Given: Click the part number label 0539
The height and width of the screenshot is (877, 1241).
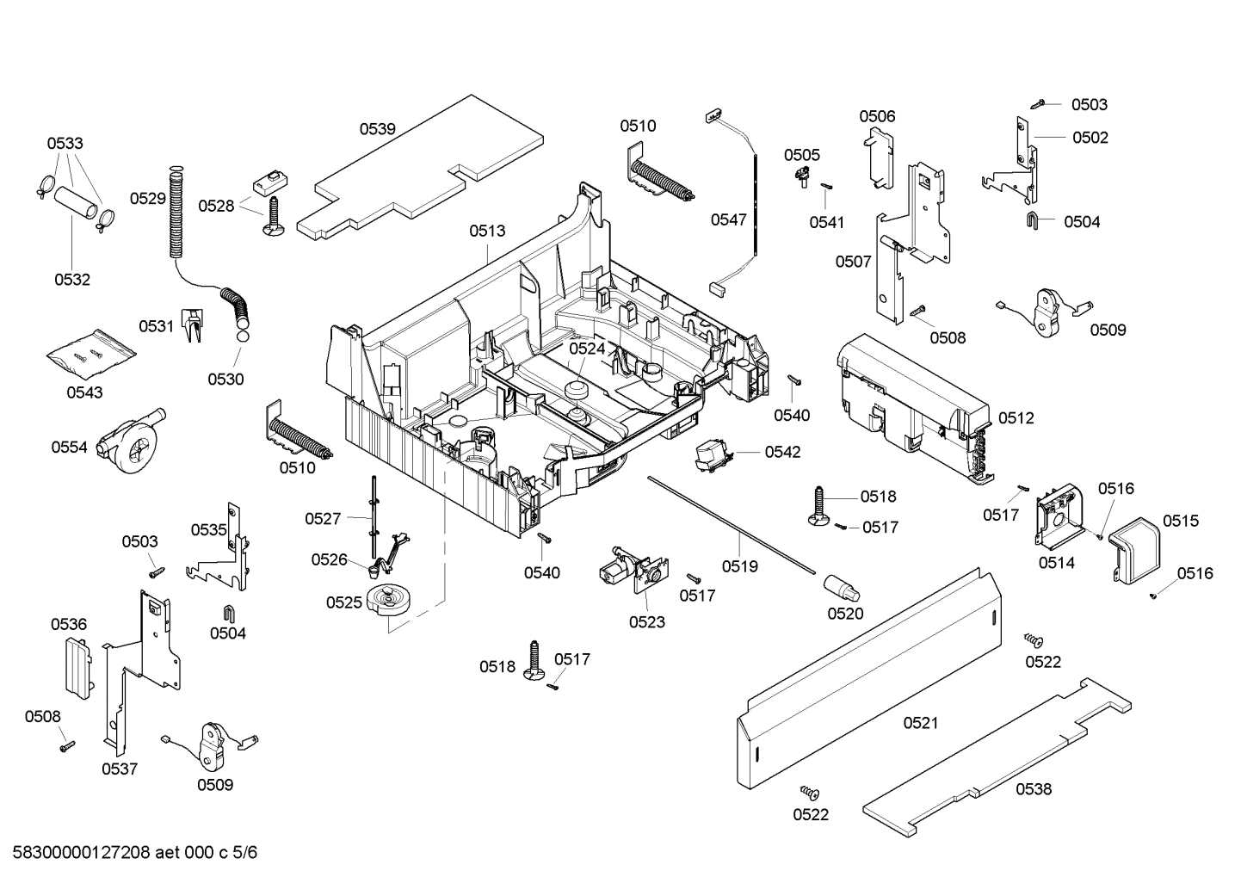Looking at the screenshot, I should (x=377, y=129).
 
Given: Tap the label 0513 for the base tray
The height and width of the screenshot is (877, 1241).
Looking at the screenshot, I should (x=487, y=231).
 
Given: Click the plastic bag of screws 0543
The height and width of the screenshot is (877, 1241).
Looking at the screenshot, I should (x=90, y=354).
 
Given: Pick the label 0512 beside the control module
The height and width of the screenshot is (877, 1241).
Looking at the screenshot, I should (x=1016, y=418).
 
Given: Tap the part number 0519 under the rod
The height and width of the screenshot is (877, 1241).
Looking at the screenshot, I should (x=739, y=566).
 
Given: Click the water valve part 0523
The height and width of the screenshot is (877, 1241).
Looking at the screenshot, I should (x=634, y=572).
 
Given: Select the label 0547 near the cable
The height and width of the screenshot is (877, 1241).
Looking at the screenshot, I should (x=728, y=219).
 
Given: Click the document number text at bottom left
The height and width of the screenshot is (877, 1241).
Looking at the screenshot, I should (x=130, y=853).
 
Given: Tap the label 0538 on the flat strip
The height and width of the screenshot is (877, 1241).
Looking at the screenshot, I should (x=1033, y=788).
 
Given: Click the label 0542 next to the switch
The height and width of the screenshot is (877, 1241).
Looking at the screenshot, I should (x=782, y=452).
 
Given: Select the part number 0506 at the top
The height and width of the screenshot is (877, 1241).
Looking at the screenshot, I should (x=876, y=116).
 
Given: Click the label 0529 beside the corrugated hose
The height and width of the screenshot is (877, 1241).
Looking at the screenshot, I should (x=147, y=199).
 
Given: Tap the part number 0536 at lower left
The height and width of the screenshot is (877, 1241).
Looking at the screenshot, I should (x=68, y=624).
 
